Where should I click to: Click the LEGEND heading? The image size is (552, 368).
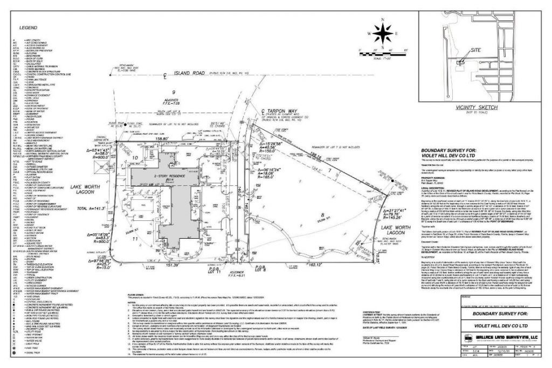point(28,27)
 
